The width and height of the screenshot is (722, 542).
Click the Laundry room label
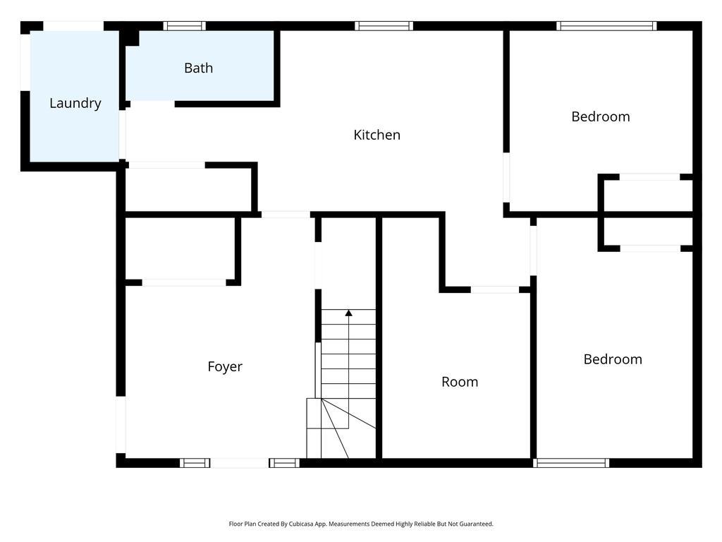click(x=75, y=103)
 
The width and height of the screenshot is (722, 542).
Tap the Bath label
click(x=198, y=68)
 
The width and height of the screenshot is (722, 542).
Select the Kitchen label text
click(x=377, y=135)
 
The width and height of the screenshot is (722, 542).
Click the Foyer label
click(x=225, y=367)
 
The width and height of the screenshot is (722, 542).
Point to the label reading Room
click(x=460, y=382)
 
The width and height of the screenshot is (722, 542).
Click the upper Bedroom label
click(x=600, y=116)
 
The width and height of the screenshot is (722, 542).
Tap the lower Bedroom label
click(x=613, y=359)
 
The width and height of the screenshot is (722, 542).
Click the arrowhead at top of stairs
click(x=348, y=312)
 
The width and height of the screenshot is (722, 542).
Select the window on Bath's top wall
click(x=185, y=26)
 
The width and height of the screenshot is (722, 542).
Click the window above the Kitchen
click(x=384, y=26)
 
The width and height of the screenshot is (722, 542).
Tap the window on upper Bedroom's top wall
click(x=606, y=26)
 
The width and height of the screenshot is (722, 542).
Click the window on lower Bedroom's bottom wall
click(x=571, y=463)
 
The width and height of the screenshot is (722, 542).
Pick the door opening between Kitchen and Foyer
click(x=286, y=214)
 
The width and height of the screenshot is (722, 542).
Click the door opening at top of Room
click(x=494, y=289)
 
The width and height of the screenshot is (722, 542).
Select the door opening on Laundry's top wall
click(x=73, y=26)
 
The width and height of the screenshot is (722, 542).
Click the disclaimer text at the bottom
click(x=361, y=524)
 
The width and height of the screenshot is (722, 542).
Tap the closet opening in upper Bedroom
click(x=649, y=177)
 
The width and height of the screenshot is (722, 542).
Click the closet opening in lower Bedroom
click(x=649, y=248)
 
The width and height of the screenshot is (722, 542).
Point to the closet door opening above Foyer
click(x=184, y=282)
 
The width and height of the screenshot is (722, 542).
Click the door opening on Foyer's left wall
click(x=121, y=424)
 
